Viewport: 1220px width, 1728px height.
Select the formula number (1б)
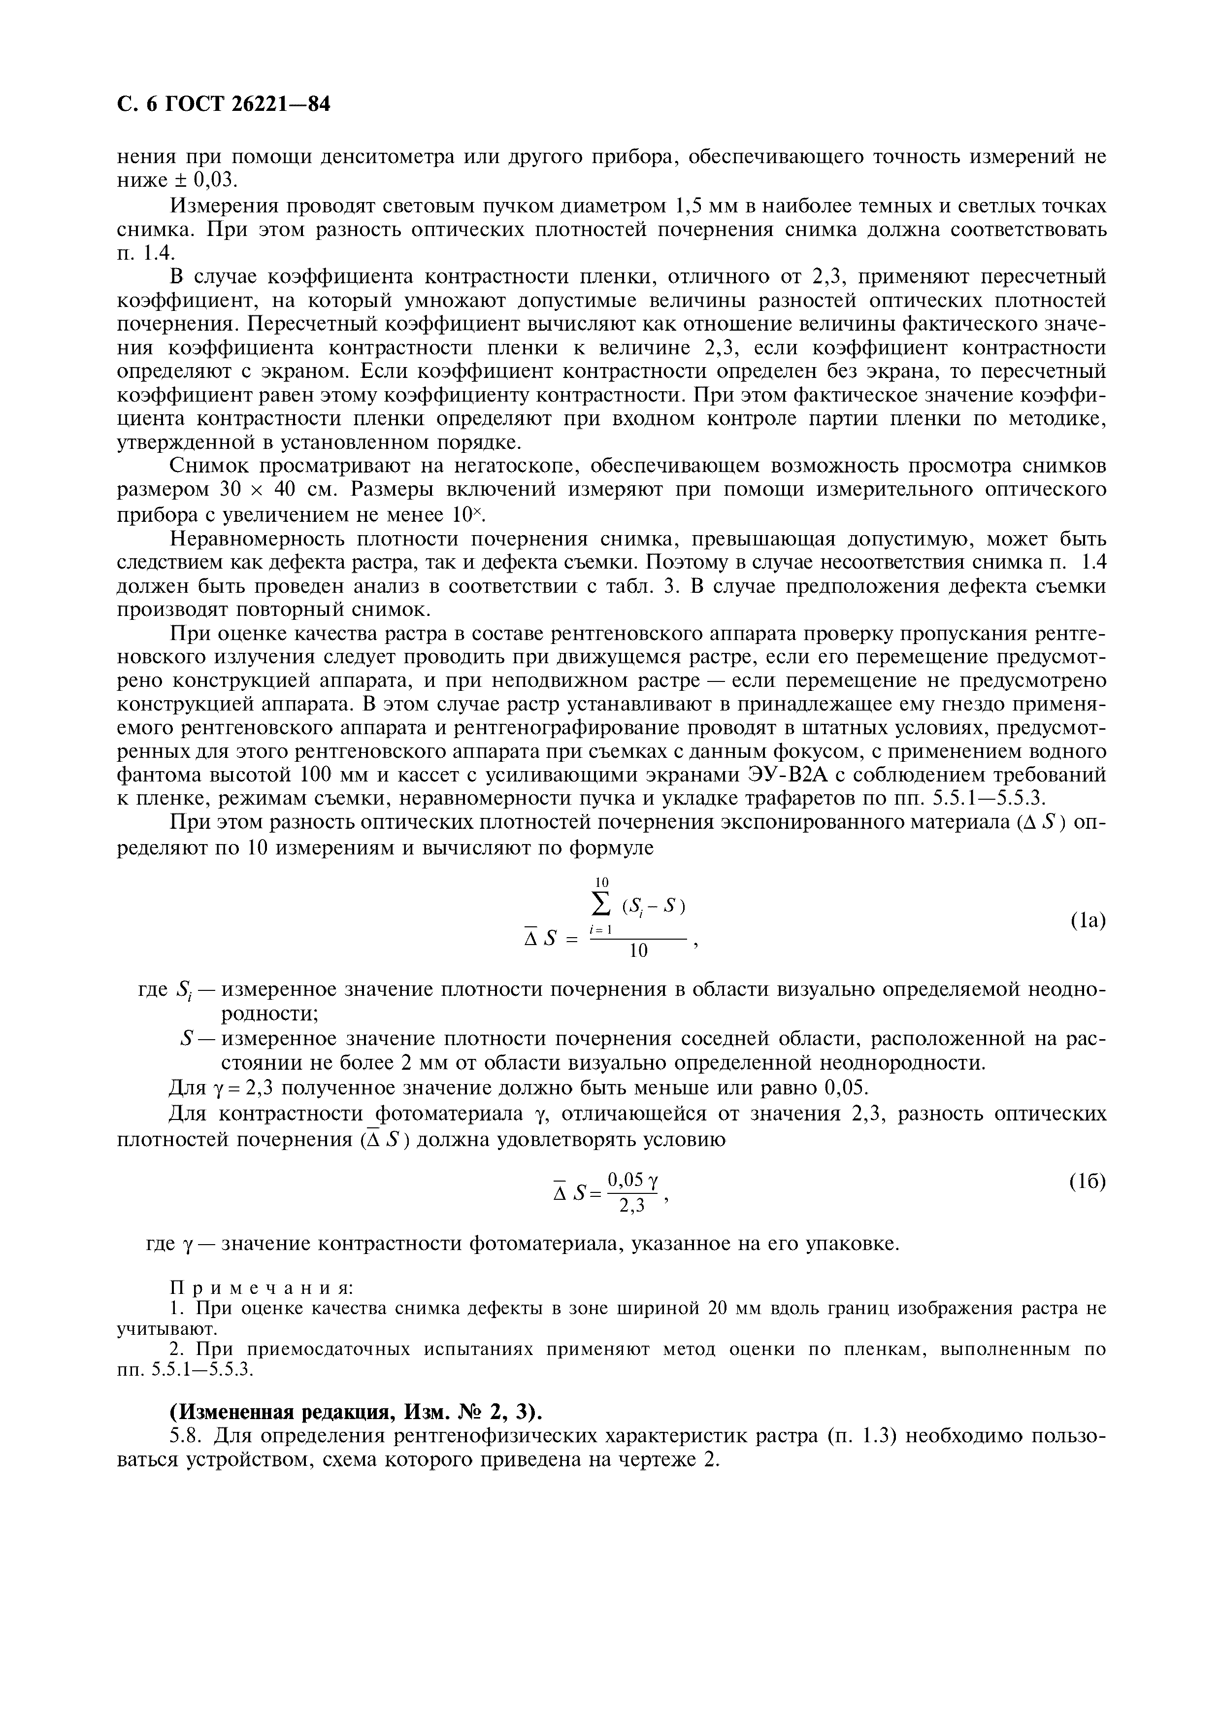click(1088, 1182)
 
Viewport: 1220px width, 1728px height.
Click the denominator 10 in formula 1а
click(638, 952)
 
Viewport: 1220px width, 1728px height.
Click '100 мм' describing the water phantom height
click(328, 775)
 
